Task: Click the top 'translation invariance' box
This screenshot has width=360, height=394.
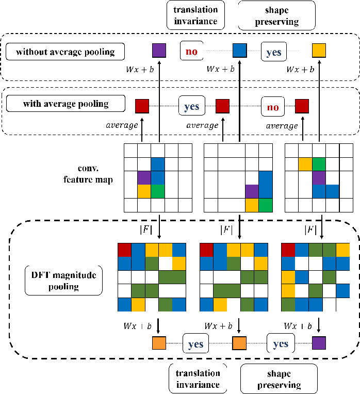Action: (x=195, y=14)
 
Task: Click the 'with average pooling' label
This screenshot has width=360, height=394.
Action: (x=66, y=104)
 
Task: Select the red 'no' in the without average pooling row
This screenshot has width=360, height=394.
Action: (x=192, y=52)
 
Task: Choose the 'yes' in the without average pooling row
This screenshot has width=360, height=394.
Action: (x=273, y=52)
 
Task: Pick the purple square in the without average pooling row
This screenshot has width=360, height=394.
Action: (x=159, y=50)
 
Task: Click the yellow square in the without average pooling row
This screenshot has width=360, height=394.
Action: (x=320, y=50)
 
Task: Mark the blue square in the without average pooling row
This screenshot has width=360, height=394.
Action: (x=239, y=50)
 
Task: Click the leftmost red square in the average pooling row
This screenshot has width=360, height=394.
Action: (x=142, y=106)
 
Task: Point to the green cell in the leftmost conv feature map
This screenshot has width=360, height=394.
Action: (x=158, y=191)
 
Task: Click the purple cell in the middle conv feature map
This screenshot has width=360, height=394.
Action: (x=251, y=191)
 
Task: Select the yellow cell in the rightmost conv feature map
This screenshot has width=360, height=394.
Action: (x=305, y=164)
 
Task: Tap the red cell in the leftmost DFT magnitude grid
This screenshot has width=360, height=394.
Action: (x=125, y=250)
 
